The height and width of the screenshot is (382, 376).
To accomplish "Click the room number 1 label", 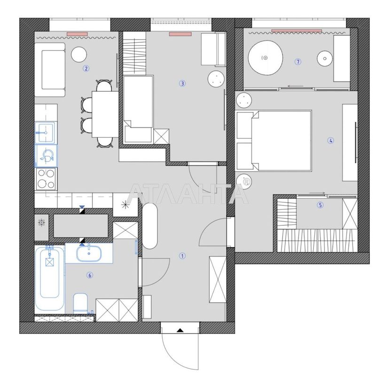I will pyautogui.click(x=182, y=256).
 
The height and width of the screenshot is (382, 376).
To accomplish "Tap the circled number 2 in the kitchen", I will pyautogui.click(x=86, y=68).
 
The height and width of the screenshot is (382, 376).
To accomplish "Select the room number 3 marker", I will pyautogui.click(x=182, y=84).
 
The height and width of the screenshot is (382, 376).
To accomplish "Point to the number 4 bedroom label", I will pyautogui.click(x=331, y=140).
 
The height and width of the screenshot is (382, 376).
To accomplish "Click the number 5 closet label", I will pyautogui.click(x=320, y=205).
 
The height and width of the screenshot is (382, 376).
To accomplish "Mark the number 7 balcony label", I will pyautogui.click(x=298, y=62).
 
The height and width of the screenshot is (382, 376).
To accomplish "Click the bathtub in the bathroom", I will pyautogui.click(x=49, y=280).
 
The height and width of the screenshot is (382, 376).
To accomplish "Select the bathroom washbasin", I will pyautogui.click(x=89, y=253).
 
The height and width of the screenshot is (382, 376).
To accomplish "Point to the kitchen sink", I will pyautogui.click(x=46, y=130).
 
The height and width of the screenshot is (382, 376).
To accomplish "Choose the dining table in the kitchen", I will pyautogui.click(x=104, y=113).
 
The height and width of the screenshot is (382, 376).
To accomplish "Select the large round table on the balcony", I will pyautogui.click(x=265, y=57).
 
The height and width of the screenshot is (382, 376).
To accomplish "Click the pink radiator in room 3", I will pyautogui.click(x=180, y=34).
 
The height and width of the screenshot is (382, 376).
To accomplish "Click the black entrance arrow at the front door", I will pyautogui.click(x=180, y=330).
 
